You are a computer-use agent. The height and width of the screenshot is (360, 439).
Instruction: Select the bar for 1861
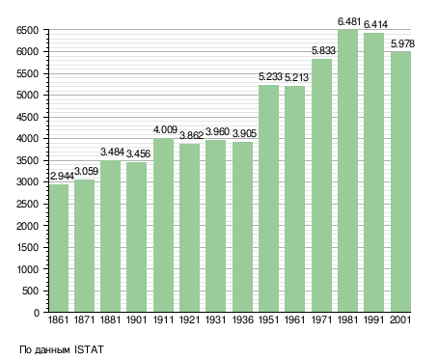[59, 248]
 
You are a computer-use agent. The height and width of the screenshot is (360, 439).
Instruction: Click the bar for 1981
[348, 171]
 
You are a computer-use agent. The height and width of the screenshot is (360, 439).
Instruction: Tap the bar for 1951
[269, 199]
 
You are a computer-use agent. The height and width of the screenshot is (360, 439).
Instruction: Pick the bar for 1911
[163, 225]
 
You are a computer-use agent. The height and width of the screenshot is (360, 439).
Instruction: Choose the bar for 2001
[400, 181]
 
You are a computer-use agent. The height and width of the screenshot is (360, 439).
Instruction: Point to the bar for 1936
[242, 227]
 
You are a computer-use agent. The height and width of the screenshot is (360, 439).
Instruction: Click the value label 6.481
[349, 22]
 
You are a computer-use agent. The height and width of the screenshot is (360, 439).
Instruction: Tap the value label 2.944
[62, 176]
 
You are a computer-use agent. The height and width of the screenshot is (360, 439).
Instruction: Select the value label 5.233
[270, 77]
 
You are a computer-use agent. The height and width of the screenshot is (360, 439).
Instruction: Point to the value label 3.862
[191, 135]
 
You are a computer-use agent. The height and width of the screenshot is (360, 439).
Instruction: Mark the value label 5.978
[402, 43]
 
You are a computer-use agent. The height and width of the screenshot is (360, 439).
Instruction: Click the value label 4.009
[165, 129]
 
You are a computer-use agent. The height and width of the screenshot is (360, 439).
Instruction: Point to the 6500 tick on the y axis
[27, 30]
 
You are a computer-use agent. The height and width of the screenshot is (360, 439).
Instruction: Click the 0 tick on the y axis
[37, 313]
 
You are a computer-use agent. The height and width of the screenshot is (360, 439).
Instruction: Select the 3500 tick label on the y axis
[27, 160]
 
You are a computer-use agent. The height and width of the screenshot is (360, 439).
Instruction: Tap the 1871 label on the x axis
[84, 320]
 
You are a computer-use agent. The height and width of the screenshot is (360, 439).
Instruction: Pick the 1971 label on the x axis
[321, 320]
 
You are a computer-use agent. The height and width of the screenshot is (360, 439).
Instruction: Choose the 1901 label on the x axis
[137, 320]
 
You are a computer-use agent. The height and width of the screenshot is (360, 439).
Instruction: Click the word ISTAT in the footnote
[89, 349]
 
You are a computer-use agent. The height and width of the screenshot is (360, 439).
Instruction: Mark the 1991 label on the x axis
[374, 320]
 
